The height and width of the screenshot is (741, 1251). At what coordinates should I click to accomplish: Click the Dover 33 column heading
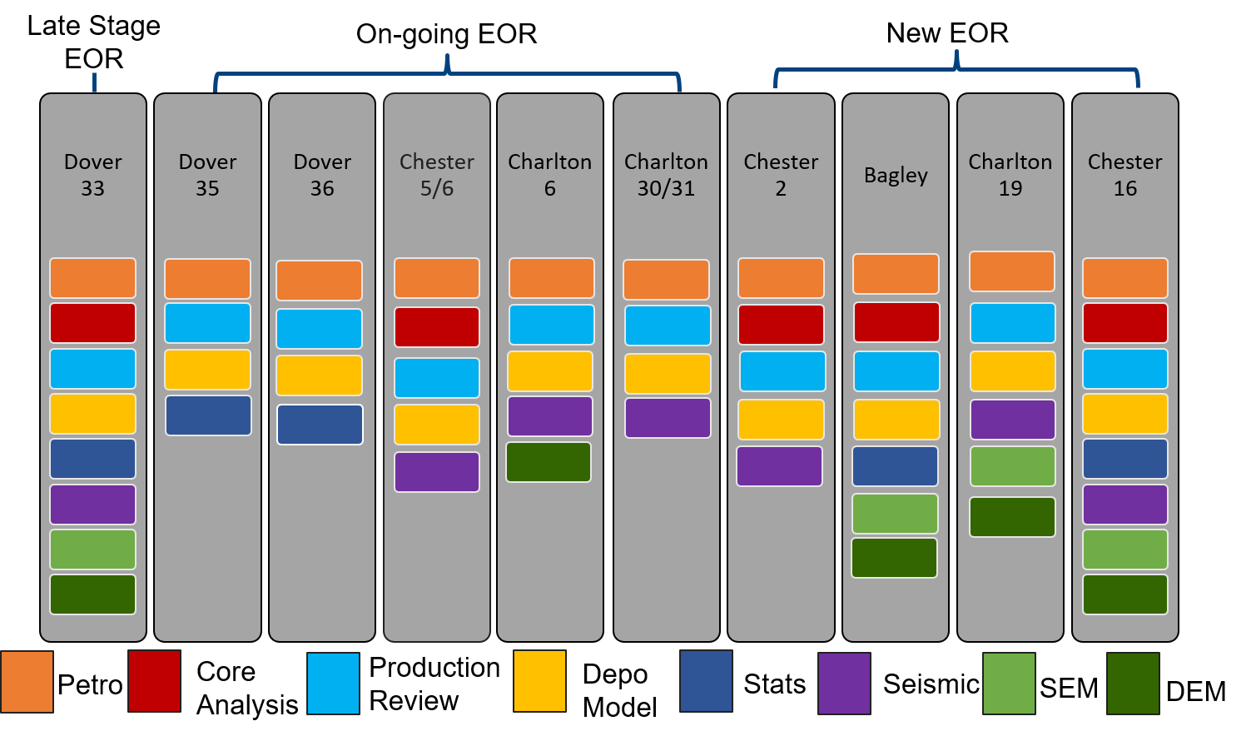93,175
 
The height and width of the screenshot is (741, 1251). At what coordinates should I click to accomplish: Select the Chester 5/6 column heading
437,175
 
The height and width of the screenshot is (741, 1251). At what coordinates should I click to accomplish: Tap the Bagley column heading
896,175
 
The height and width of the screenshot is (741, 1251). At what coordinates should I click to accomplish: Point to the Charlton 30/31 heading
666,175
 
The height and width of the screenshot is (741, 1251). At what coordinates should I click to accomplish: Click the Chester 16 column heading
1124,175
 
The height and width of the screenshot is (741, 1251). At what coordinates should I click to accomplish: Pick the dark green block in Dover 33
93,594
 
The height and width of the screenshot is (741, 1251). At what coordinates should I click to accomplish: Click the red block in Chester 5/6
437,327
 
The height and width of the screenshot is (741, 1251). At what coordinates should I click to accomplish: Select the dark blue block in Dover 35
208,415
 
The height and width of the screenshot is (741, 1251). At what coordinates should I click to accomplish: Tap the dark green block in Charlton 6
549,462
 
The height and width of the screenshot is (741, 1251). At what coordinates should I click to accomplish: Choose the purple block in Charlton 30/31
668,418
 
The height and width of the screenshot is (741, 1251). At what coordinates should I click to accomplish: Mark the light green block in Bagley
895,514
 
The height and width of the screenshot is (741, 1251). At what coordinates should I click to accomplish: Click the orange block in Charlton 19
1012,271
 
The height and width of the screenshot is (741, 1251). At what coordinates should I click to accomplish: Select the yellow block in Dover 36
320,375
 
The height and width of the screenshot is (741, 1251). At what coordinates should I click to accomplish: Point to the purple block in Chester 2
780,466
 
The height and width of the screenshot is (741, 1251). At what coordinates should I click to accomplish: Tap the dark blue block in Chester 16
1124,459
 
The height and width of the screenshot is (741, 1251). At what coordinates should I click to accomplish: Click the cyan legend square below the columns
333,684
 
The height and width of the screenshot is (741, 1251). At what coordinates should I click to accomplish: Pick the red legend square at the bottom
154,681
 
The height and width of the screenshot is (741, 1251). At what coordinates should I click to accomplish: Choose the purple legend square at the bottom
844,684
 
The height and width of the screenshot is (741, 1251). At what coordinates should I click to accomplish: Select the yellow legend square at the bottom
539,681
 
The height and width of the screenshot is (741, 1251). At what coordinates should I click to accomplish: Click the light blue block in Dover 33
93,369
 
